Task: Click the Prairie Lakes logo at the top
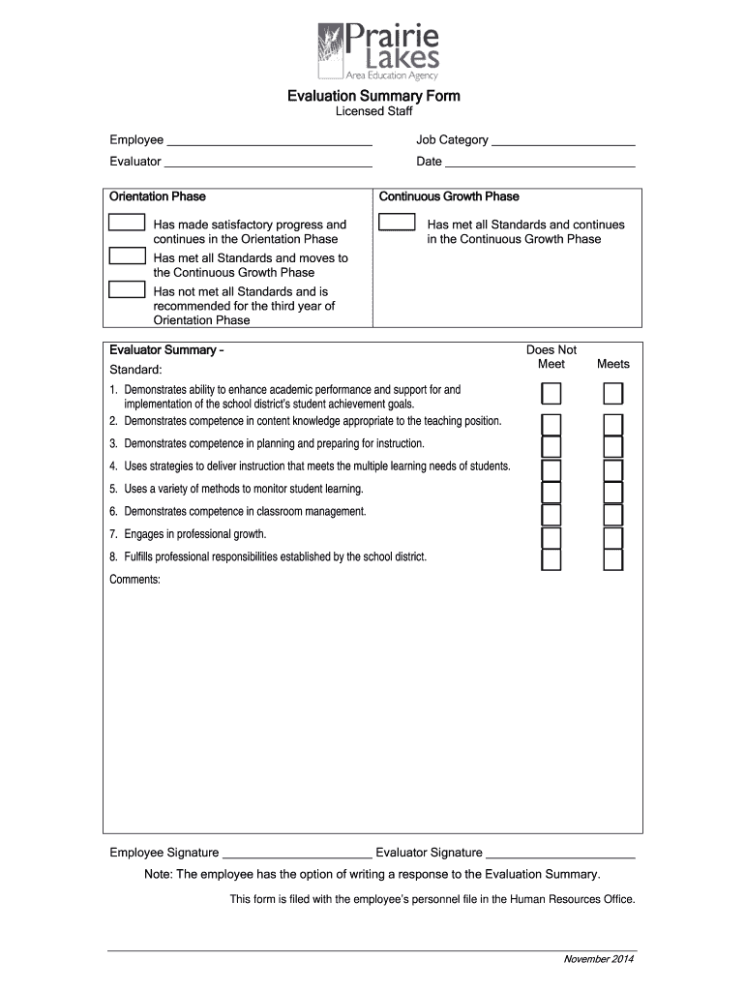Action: pyautogui.click(x=378, y=52)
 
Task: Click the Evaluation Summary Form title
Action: pyautogui.click(x=373, y=96)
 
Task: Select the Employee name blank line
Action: pyautogui.click(x=269, y=141)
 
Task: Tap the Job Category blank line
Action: pyautogui.click(x=563, y=141)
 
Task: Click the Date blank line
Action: pyautogui.click(x=540, y=163)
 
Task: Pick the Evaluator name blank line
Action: pyautogui.click(x=268, y=163)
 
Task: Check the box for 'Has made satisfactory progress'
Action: pyautogui.click(x=127, y=224)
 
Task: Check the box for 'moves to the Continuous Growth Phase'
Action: pyautogui.click(x=127, y=256)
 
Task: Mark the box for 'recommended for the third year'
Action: pyautogui.click(x=127, y=289)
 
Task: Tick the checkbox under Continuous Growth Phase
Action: pyautogui.click(x=397, y=224)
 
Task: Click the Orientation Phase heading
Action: pyautogui.click(x=158, y=196)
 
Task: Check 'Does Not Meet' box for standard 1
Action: pyautogui.click(x=551, y=394)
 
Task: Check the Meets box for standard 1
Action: pyautogui.click(x=613, y=394)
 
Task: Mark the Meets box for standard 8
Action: pyautogui.click(x=613, y=560)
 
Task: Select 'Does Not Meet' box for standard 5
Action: pyautogui.click(x=551, y=493)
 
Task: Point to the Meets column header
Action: pyautogui.click(x=613, y=364)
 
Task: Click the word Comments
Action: pyautogui.click(x=134, y=580)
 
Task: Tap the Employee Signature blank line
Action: pyautogui.click(x=297, y=855)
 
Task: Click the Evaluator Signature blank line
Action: pyautogui.click(x=560, y=855)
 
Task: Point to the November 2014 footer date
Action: pyautogui.click(x=599, y=959)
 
